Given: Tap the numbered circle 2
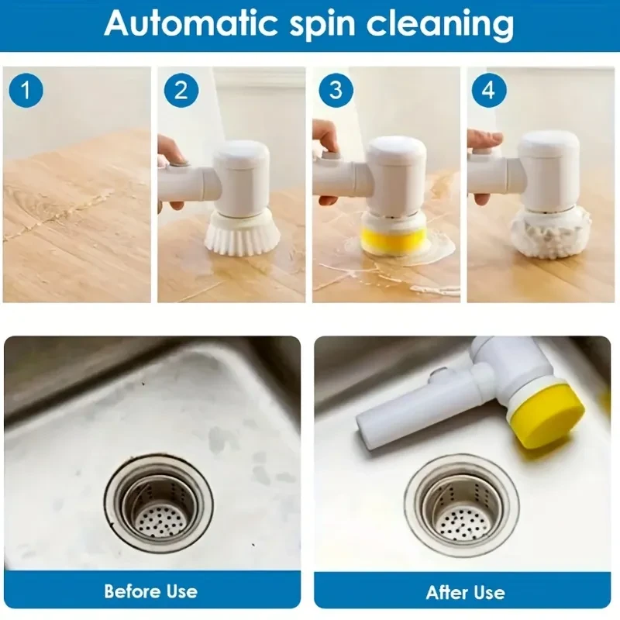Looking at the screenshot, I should (x=181, y=91).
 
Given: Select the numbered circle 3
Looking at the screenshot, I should (x=335, y=91).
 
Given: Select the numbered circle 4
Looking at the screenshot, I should (x=488, y=91).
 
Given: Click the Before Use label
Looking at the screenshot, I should (x=151, y=591).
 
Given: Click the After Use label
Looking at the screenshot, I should (x=465, y=592).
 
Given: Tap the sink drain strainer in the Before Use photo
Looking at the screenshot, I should (x=158, y=504).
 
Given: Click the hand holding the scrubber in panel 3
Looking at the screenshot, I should (x=325, y=139).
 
